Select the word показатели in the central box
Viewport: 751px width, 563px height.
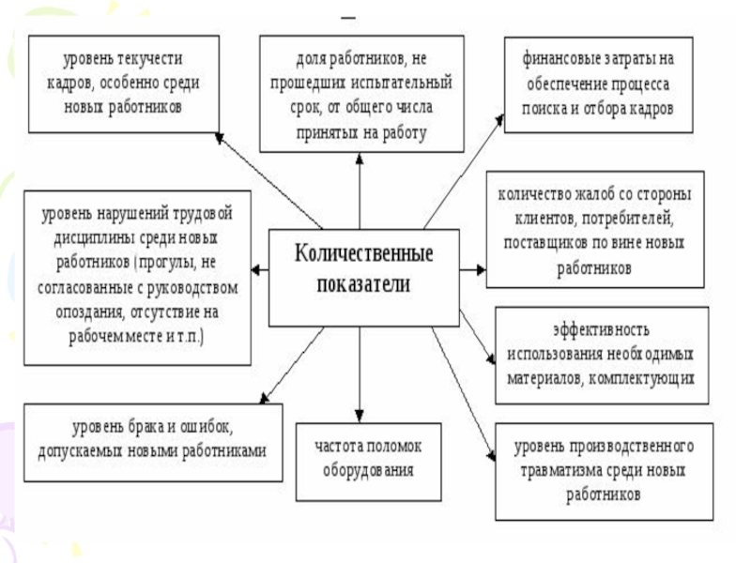(363, 284)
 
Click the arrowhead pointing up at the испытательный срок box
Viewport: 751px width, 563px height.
(360, 157)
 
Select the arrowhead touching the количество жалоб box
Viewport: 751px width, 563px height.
(480, 269)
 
